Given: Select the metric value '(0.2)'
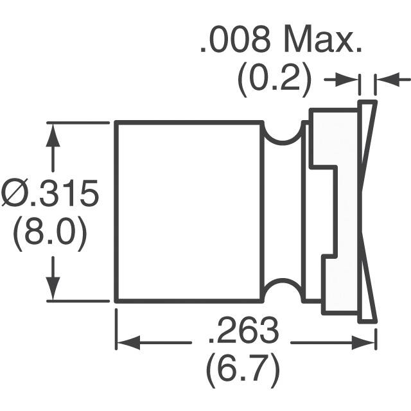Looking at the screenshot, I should click(x=275, y=80).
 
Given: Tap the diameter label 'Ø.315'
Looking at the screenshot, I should click(x=49, y=195).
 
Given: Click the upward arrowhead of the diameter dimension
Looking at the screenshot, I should click(x=53, y=132).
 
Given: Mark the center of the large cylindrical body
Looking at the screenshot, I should click(x=189, y=211).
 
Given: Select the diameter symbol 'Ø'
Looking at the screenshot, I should click(x=15, y=195).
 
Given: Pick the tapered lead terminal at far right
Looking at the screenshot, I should click(x=367, y=211).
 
